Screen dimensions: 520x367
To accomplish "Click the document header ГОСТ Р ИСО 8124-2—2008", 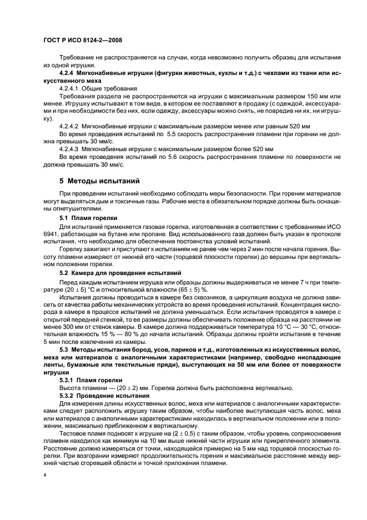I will coord(82,40).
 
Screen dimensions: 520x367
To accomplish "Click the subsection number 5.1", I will coord(64,219).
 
